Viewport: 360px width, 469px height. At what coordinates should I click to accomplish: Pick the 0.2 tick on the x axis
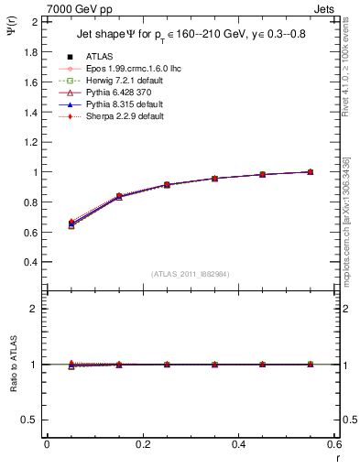pyautogui.click(x=142, y=445)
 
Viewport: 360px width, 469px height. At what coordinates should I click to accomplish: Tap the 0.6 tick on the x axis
pyautogui.click(x=334, y=445)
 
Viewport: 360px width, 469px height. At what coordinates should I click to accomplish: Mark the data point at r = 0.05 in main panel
pyautogui.click(x=71, y=224)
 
